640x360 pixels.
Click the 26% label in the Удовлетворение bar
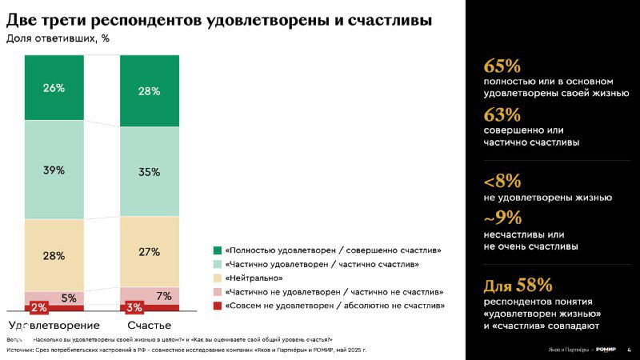[54, 88]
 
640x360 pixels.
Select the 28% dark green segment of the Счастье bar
[149, 91]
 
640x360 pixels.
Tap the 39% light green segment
[54, 170]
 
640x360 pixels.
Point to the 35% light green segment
[149, 172]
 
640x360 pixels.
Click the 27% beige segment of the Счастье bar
[149, 251]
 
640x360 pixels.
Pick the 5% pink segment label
[69, 298]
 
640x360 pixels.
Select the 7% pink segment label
[164, 296]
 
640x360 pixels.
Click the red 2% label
[38, 307]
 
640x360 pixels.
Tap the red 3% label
[134, 307]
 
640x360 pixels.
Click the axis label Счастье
[149, 326]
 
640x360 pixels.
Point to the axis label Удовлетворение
[54, 326]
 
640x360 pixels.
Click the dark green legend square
[218, 250]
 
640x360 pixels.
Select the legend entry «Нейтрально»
[254, 278]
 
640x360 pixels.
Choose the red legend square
[218, 305]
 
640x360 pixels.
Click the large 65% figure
[502, 66]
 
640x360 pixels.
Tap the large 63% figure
[502, 114]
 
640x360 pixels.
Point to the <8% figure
[502, 181]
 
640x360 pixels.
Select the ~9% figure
[502, 218]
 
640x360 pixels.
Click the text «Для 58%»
[518, 285]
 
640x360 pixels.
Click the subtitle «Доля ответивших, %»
[58, 38]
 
